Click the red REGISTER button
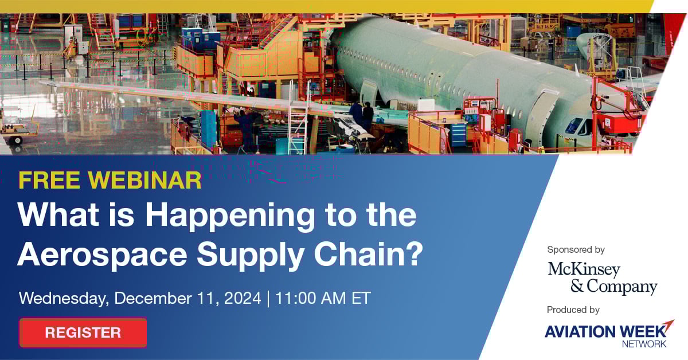[x=83, y=332]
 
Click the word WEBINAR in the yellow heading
[x=145, y=180]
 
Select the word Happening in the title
[x=230, y=216]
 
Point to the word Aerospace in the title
[x=102, y=256]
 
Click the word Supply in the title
[x=251, y=256]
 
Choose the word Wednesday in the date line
[x=64, y=299]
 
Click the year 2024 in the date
[x=243, y=298]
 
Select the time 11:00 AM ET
[x=323, y=298]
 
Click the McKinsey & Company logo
[x=603, y=278]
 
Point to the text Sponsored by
[x=576, y=250]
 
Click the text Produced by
[x=573, y=310]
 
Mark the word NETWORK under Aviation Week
[x=644, y=344]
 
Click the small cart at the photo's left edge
[x=19, y=131]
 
